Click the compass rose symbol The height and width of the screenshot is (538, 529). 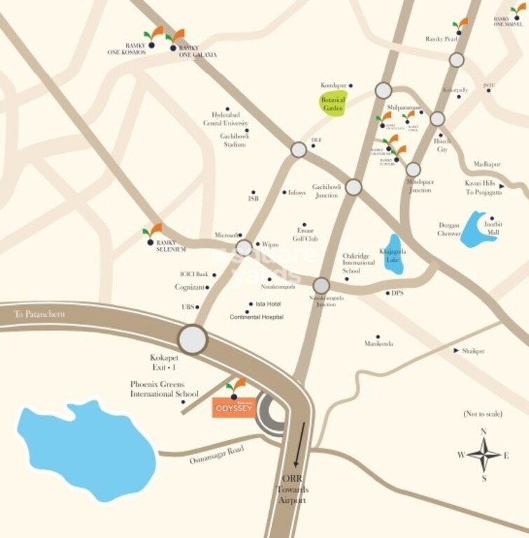(483, 455)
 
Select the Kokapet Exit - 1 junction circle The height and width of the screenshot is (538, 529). (192, 339)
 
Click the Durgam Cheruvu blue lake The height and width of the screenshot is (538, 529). (478, 230)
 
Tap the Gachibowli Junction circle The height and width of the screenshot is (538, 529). (354, 187)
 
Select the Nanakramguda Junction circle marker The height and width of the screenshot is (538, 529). (321, 285)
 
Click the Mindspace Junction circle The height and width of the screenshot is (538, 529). (413, 169)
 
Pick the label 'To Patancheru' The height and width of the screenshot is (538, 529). (40, 315)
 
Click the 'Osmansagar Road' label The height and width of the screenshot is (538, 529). (216, 455)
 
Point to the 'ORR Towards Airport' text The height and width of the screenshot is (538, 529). (296, 490)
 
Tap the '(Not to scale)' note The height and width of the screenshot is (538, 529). (483, 414)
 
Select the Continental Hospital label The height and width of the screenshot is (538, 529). (256, 318)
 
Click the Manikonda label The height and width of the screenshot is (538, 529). (378, 344)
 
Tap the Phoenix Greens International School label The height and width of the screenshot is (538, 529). (165, 389)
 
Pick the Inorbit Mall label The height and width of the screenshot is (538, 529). (494, 227)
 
